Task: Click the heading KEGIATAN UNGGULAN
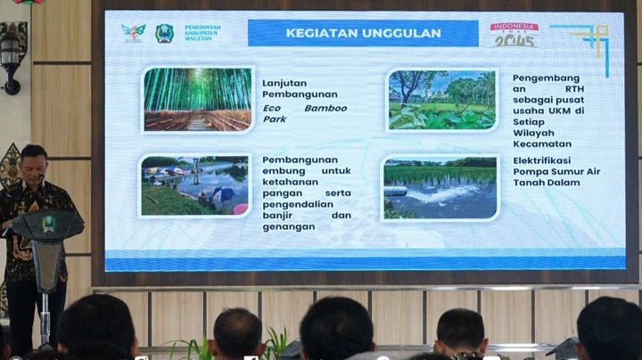tap(363, 34)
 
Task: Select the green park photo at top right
tap(441, 100)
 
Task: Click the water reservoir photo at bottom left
tap(195, 185)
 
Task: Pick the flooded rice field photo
tap(440, 187)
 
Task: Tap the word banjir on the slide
tap(282, 216)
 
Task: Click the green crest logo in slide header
tap(164, 34)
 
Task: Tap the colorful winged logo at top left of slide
tap(133, 34)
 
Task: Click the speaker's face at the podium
tap(34, 164)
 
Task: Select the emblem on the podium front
tap(48, 225)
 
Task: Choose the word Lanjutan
tap(284, 84)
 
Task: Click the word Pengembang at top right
tap(546, 78)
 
